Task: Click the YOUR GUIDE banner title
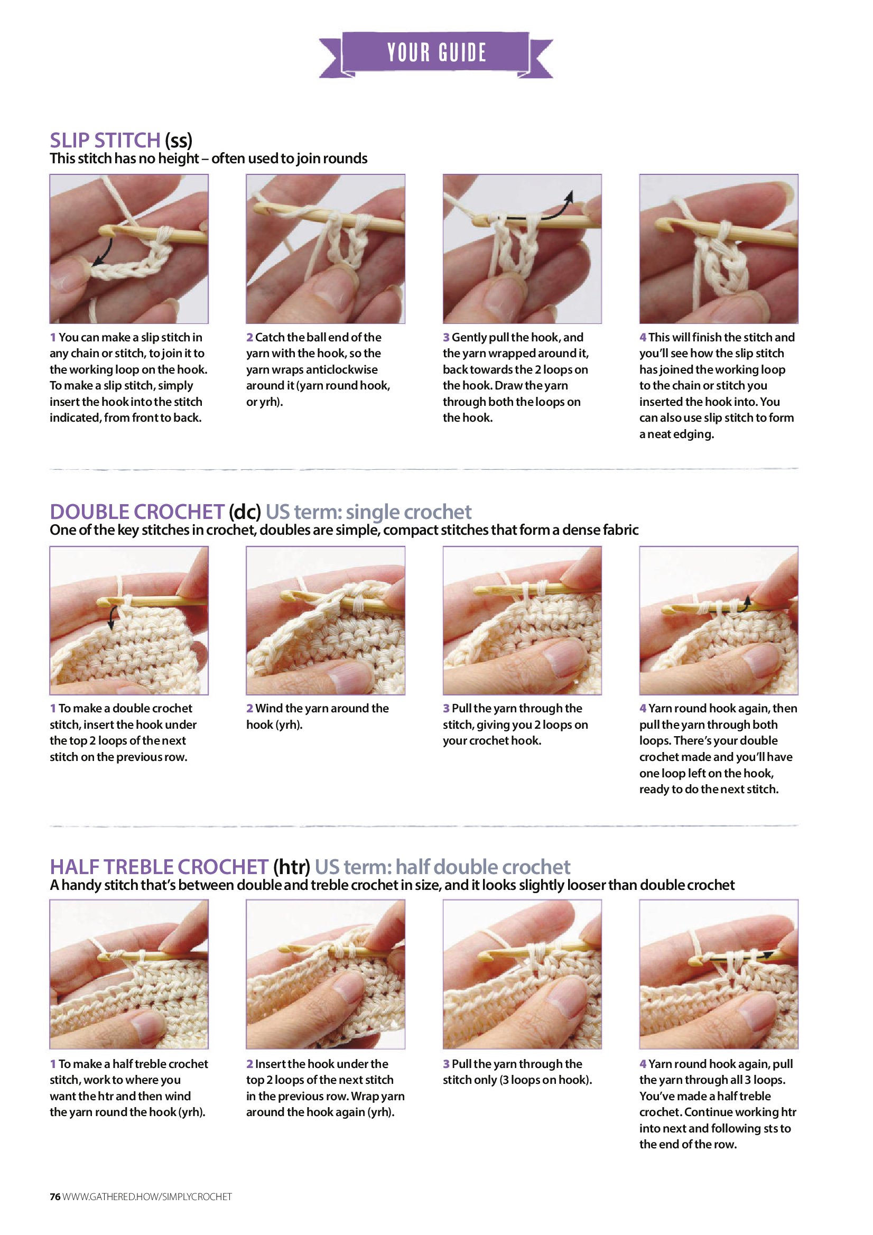(437, 53)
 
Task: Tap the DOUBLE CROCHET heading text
(137, 512)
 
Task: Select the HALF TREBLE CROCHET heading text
(159, 867)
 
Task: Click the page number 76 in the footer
(55, 1197)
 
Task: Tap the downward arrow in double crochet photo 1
(113, 616)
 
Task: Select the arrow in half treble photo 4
(742, 956)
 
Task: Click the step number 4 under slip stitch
(643, 337)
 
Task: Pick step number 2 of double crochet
(249, 709)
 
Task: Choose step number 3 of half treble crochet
(446, 1063)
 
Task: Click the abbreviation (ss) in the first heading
(179, 141)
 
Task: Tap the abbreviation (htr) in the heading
(292, 867)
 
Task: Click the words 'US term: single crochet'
(368, 512)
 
